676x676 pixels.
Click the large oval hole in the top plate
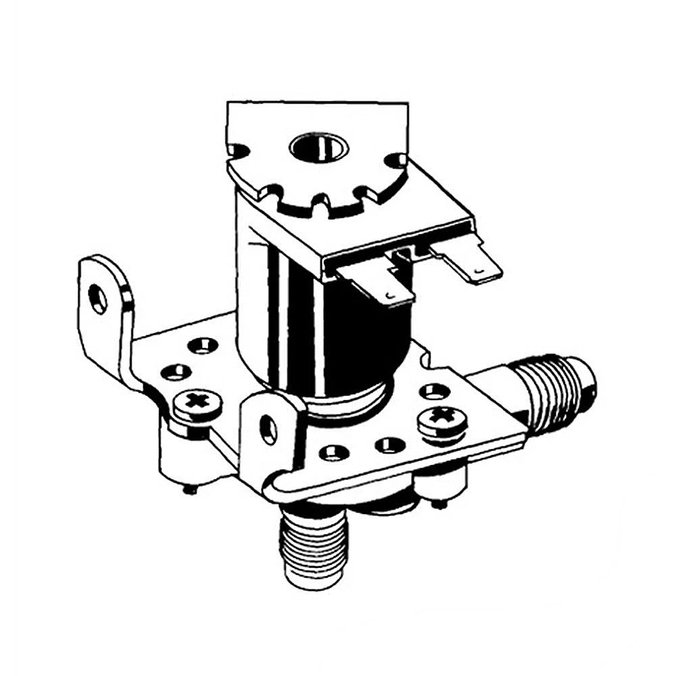click(x=318, y=147)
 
